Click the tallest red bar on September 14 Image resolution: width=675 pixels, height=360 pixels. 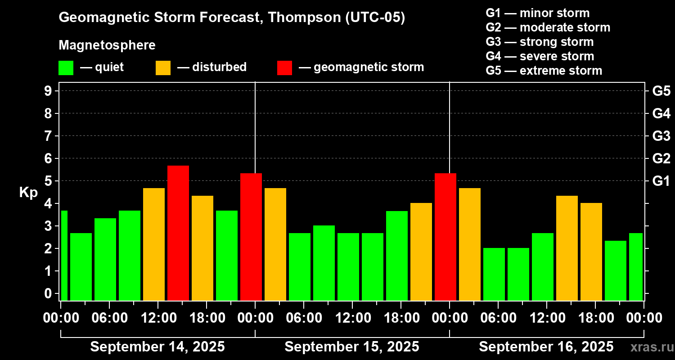178,233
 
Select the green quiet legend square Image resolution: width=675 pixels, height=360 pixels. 66,67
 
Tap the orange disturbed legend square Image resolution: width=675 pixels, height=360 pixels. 163,67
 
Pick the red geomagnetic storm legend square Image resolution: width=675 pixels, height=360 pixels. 284,67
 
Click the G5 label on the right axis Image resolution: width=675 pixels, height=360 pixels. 661,91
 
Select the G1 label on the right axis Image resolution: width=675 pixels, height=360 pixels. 661,181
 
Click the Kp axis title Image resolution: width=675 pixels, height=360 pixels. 28,193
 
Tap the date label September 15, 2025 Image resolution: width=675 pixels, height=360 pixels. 352,347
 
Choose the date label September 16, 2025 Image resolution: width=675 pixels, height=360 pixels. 546,347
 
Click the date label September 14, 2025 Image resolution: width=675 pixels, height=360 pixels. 157,347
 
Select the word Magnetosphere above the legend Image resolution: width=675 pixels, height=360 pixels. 107,45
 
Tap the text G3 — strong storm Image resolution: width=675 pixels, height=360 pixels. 540,42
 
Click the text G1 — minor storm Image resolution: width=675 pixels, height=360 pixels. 538,13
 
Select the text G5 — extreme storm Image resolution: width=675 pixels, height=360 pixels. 544,71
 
